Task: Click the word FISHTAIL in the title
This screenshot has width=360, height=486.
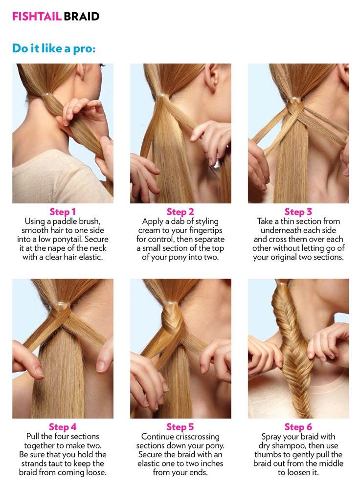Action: pos(37,16)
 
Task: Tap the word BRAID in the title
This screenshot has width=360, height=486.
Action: pos(82,16)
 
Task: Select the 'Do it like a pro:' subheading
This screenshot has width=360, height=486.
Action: pos(54,49)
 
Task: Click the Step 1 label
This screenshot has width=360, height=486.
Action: pos(63,212)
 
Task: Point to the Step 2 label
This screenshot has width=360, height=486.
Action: pos(180,212)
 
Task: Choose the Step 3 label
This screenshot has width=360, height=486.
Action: pos(298,212)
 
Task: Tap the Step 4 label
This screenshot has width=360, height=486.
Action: pos(63,427)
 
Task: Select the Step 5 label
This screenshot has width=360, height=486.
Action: pos(180,427)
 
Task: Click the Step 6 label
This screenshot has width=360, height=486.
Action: pos(298,427)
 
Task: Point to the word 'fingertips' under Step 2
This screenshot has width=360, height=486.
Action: pos(205,231)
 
